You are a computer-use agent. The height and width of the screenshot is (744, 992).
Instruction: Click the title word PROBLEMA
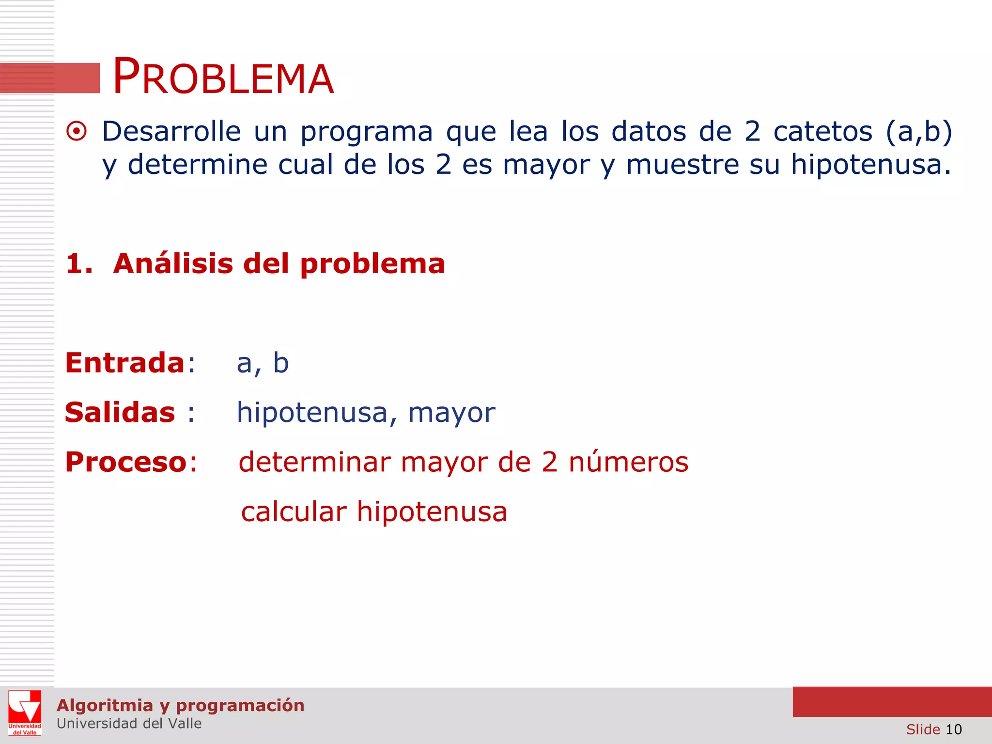223,77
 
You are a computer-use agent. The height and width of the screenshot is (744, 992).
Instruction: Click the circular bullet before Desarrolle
77,131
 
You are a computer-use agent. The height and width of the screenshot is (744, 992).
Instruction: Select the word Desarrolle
171,131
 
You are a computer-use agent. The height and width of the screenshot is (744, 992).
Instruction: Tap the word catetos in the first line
822,131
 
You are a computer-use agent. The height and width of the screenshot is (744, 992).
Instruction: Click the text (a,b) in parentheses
919,131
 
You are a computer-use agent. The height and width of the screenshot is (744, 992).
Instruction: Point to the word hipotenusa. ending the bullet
870,165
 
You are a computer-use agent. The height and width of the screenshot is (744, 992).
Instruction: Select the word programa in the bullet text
366,132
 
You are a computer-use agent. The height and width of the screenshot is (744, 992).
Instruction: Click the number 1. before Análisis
79,264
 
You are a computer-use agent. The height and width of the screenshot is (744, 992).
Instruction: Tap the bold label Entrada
125,363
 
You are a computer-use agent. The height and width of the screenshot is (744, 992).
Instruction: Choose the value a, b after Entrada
263,363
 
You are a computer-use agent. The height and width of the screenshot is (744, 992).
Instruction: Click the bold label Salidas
120,413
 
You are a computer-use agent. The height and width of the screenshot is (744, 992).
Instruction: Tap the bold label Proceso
126,462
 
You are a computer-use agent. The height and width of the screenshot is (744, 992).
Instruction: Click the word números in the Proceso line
628,462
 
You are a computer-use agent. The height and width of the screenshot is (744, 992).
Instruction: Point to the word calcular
294,512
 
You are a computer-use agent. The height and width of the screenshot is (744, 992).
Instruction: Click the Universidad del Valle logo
25,713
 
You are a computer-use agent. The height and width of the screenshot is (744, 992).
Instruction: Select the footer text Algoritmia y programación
180,705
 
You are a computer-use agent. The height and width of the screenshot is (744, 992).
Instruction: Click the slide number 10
953,729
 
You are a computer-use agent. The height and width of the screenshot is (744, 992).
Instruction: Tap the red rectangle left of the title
50,78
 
